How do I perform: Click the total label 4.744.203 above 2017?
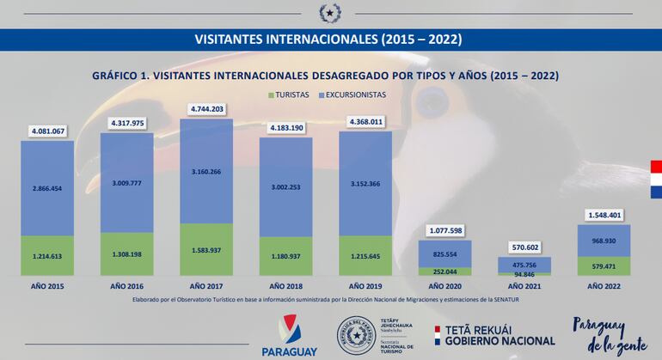(x=206, y=109)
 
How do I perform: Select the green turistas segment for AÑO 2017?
(x=206, y=249)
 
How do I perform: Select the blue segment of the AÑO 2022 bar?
(x=604, y=241)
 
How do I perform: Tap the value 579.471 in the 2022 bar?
(x=604, y=267)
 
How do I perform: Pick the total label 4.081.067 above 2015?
(x=47, y=131)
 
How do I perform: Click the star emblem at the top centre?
(x=330, y=13)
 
